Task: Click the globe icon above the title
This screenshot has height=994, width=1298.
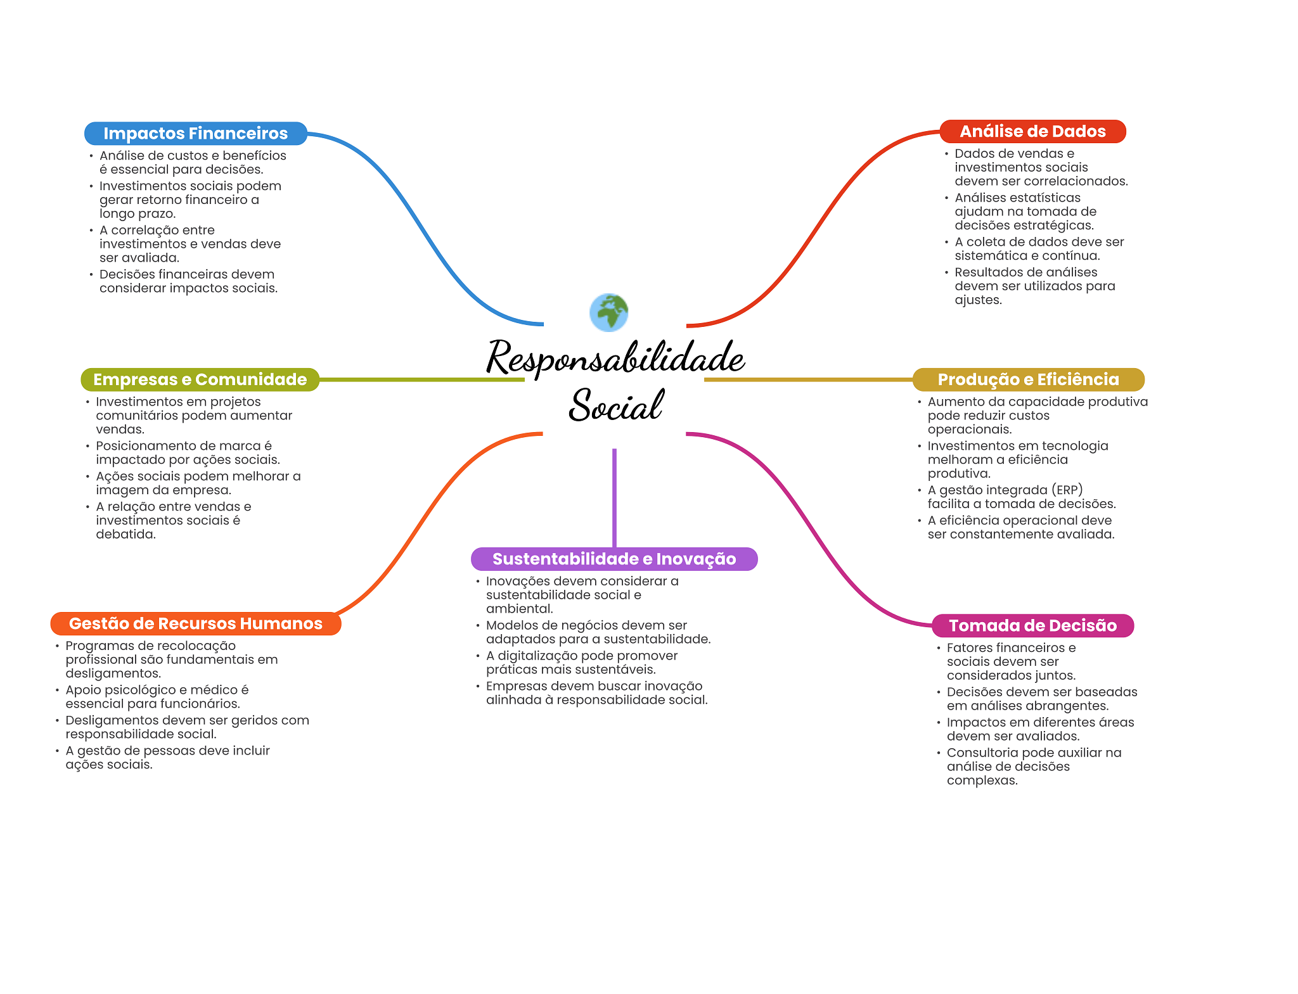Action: (x=608, y=312)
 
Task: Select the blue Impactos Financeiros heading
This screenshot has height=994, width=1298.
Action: (x=195, y=134)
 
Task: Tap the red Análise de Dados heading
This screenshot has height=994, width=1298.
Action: (x=1032, y=132)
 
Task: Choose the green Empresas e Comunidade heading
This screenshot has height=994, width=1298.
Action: (x=200, y=379)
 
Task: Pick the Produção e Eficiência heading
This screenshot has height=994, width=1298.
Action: (x=1028, y=379)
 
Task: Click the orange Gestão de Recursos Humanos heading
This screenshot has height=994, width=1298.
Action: (x=195, y=623)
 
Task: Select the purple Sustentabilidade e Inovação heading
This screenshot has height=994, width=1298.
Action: (x=614, y=559)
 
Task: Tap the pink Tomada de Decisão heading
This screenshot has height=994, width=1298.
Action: (x=1032, y=625)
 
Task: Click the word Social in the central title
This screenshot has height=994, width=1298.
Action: (x=616, y=405)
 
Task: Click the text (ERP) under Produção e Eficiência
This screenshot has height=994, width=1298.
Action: (x=1067, y=490)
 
